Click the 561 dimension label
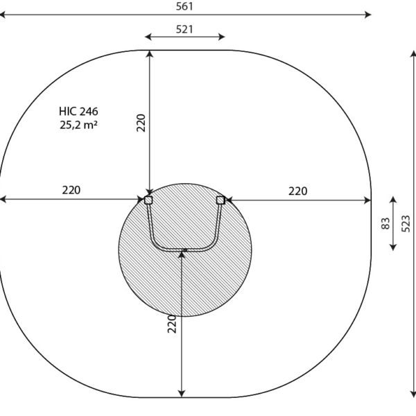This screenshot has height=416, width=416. click(x=184, y=6)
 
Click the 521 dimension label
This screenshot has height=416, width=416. click(x=184, y=29)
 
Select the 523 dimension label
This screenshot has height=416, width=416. click(x=406, y=224)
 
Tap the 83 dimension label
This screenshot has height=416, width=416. click(x=385, y=223)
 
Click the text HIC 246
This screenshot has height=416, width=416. click(x=78, y=112)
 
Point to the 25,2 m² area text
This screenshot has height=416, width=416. click(x=78, y=125)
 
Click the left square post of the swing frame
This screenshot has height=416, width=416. click(x=148, y=200)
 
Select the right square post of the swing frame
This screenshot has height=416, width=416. click(x=220, y=200)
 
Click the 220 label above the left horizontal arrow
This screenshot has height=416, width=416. click(x=71, y=190)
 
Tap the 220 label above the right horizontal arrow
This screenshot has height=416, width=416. click(x=298, y=191)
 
